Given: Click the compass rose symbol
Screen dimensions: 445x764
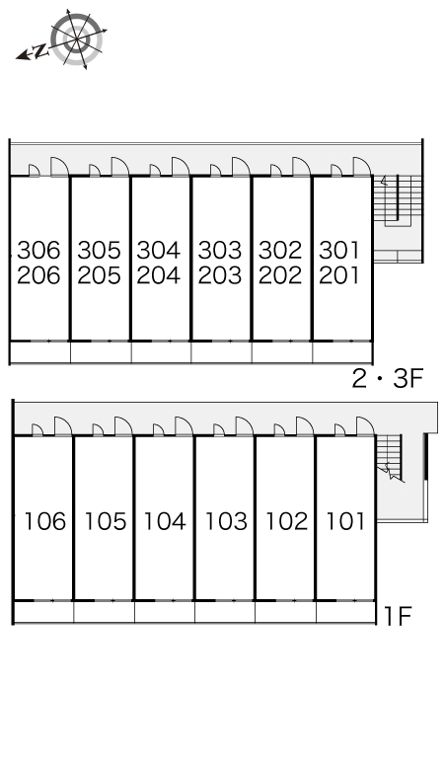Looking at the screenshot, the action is pos(77,38).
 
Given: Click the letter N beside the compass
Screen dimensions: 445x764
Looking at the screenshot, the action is pos(40,49).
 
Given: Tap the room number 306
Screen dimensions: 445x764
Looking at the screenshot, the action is pos(38,250).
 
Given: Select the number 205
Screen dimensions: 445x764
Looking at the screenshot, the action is pos(99,275).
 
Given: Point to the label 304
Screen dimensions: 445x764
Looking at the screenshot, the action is pos(159,250).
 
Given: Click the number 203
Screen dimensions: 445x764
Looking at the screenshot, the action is pos(220,275).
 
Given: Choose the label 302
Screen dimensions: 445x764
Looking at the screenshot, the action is pos(280,250).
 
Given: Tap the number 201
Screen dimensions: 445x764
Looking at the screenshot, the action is pos(339,275).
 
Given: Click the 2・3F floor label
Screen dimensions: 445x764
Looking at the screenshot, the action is pos(388,379).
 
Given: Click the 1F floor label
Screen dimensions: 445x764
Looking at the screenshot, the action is pos(398,616).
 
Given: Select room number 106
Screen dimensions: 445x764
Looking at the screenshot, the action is pos(44,521).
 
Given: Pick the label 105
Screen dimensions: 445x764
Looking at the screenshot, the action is pos(106,521).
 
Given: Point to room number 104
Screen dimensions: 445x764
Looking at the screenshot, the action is pos(165,521).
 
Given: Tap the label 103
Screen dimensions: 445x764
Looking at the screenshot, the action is pos(226,521).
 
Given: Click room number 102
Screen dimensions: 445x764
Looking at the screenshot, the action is pos(287,521).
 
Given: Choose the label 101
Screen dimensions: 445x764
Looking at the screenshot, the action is pos(345,521).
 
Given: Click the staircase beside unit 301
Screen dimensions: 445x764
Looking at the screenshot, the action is pos(398,200).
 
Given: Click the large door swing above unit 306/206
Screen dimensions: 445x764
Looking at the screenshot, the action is pos(59,166).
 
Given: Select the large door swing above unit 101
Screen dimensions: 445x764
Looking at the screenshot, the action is pos(365,425).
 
